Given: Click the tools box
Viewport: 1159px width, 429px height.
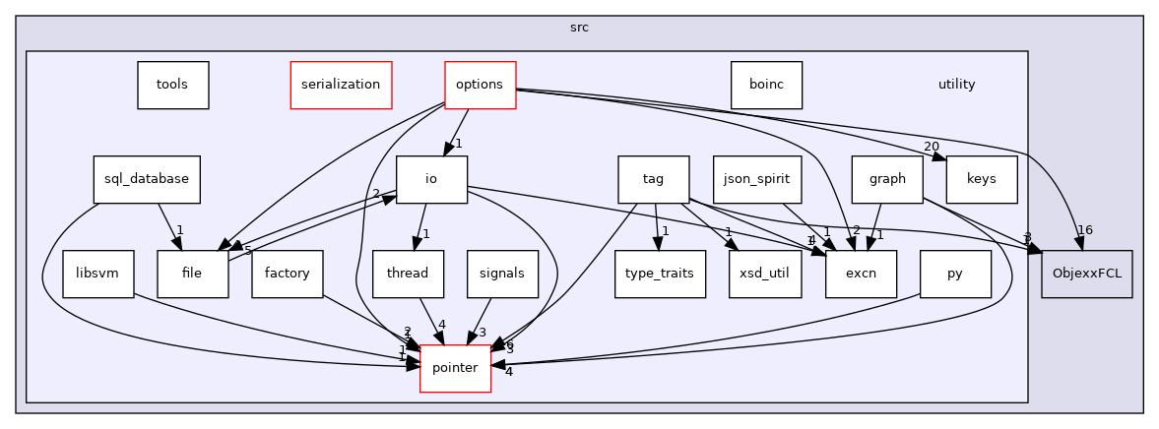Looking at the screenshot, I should [172, 85].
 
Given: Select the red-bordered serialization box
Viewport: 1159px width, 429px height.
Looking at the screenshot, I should [341, 85].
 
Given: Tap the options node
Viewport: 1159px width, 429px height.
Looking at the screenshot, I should [480, 85].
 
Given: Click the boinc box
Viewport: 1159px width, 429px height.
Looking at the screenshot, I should [766, 85].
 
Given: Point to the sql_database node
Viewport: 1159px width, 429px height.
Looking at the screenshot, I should [147, 179].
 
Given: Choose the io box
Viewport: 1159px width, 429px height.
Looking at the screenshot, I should [430, 179].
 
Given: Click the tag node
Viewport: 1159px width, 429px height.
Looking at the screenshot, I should [653, 179].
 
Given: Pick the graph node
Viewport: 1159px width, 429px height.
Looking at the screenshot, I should [887, 179].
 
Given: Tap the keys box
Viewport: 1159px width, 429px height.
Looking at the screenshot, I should [981, 179].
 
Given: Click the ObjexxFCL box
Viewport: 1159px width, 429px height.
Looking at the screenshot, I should [1087, 275].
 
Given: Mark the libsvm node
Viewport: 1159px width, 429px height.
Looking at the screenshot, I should [97, 275].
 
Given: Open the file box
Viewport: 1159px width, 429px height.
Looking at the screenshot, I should [192, 275].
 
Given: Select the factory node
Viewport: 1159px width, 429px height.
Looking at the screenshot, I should [287, 275].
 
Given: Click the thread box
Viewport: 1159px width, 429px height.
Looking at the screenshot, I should [408, 275].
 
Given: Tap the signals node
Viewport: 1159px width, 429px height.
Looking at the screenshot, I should [502, 275].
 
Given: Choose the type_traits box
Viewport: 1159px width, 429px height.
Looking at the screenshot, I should [660, 275].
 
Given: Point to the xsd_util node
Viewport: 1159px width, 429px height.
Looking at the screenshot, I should [765, 275].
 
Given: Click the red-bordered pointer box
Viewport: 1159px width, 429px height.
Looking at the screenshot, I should [455, 368].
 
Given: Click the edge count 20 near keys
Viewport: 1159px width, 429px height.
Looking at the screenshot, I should [931, 147].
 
